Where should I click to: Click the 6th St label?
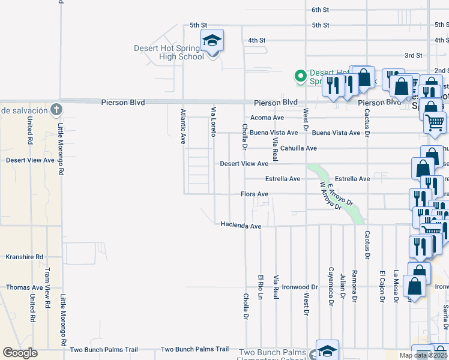point(321,10)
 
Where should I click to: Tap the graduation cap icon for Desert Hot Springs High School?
point(212,41)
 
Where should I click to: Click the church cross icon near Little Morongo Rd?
point(56,109)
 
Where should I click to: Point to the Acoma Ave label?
point(267,118)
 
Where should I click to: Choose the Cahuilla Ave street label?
point(298,148)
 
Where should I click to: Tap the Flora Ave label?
point(254,194)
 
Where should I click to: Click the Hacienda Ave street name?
point(241,226)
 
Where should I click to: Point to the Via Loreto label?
point(213,122)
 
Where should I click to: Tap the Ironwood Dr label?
point(300,287)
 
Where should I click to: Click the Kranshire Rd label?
point(25,257)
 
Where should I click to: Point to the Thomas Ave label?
point(25,287)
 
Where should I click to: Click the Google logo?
point(20,353)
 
